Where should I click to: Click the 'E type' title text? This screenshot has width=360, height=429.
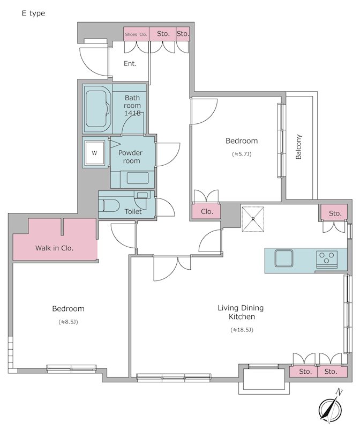pyautogui.click(x=33, y=13)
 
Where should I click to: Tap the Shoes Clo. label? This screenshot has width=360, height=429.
pyautogui.click(x=136, y=34)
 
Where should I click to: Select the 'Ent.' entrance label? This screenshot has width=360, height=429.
pyautogui.click(x=130, y=64)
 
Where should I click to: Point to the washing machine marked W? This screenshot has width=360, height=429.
pyautogui.click(x=95, y=152)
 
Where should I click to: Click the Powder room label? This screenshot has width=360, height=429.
pyautogui.click(x=131, y=157)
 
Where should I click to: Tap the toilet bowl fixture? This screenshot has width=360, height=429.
pyautogui.click(x=111, y=205)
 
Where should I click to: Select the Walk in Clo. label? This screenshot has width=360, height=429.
pyautogui.click(x=55, y=248)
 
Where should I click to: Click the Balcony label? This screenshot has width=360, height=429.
pyautogui.click(x=298, y=147)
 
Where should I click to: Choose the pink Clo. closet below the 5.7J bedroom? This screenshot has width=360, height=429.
pyautogui.click(x=206, y=211)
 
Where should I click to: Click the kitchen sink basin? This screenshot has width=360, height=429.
pyautogui.click(x=284, y=258)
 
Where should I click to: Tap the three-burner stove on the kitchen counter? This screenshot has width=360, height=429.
pyautogui.click(x=327, y=259)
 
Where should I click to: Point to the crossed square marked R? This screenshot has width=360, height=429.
pyautogui.click(x=253, y=219)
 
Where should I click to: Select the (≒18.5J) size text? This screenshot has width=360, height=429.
pyautogui.click(x=242, y=330)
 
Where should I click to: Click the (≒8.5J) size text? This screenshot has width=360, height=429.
pyautogui.click(x=69, y=322)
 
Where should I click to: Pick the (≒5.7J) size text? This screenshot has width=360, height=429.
pyautogui.click(x=242, y=154)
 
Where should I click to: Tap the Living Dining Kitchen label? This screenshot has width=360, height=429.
pyautogui.click(x=241, y=312)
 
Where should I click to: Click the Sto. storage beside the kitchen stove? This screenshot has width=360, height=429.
pyautogui.click(x=334, y=212)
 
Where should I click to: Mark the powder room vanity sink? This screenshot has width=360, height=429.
pyautogui.click(x=138, y=178)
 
